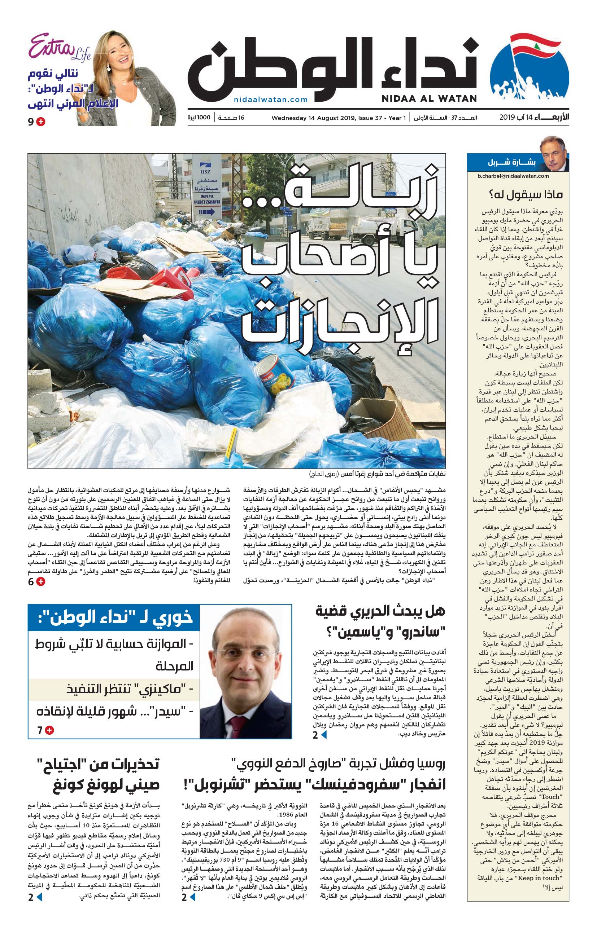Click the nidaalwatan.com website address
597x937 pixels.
(271, 100)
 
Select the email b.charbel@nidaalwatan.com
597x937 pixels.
(513, 176)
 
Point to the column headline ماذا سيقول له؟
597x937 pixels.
(526, 194)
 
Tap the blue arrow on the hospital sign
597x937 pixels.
(207, 212)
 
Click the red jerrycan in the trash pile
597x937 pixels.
(172, 277)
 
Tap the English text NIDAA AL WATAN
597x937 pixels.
(429, 99)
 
